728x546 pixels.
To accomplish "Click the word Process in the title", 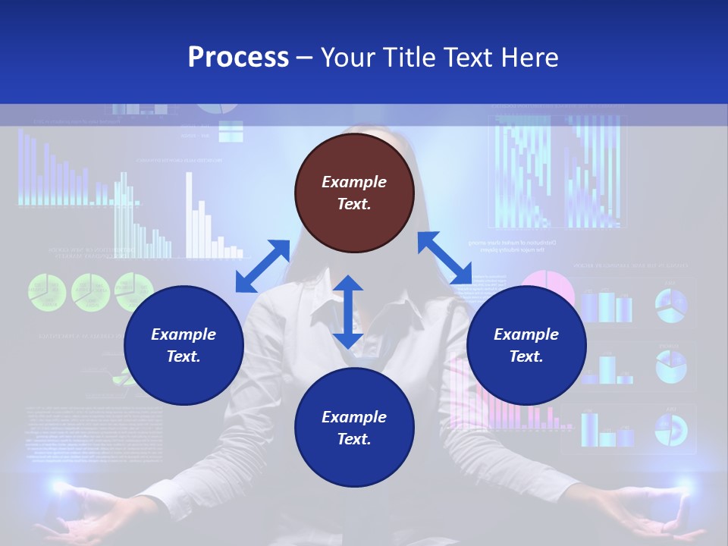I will click(x=238, y=58).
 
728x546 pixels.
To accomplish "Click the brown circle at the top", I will click(x=354, y=193).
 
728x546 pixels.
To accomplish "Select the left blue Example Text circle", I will click(x=184, y=346).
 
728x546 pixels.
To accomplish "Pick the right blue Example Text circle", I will click(x=526, y=346).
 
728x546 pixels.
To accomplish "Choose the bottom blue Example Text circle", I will click(x=354, y=428).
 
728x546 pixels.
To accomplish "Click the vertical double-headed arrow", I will click(x=348, y=312).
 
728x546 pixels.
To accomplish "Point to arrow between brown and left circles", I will click(x=262, y=266).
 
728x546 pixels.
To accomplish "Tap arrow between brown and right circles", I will click(x=444, y=258).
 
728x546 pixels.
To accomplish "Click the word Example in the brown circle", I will click(x=354, y=182).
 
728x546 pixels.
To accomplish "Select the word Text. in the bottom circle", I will click(x=354, y=439).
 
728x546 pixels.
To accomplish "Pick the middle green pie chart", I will click(x=91, y=292).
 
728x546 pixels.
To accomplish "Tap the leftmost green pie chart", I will click(x=47, y=292).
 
